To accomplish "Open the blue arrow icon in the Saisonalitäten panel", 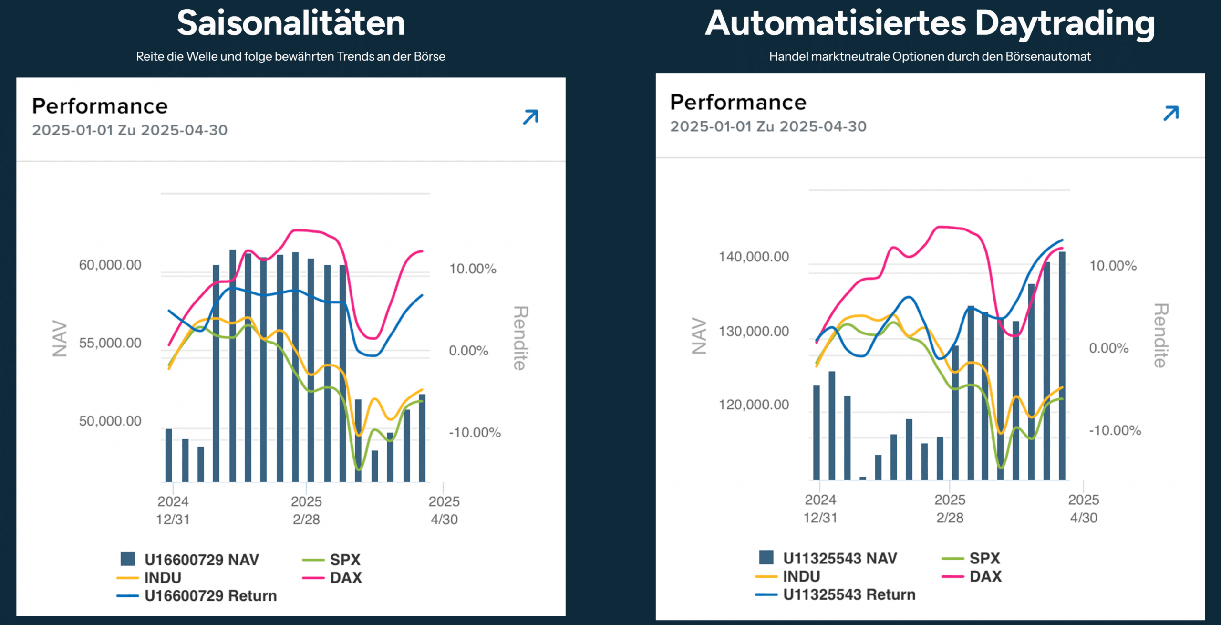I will coord(530,117).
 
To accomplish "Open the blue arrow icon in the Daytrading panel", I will coord(1171,113).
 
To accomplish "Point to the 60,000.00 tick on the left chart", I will coord(110,265).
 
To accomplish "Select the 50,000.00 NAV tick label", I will coord(110,421).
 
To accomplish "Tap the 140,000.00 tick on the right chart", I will coord(754,257).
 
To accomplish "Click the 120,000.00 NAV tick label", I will coord(754,405).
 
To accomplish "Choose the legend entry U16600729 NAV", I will coord(201,559).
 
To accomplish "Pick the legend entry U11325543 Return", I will coord(849,594).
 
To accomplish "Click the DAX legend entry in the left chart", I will coord(346,578).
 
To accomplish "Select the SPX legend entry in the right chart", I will coord(984,558).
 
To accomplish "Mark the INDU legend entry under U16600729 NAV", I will coord(163,578).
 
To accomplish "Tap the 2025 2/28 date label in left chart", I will coord(306,510).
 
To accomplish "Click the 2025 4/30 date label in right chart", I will coord(1083,509).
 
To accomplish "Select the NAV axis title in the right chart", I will coord(699,336).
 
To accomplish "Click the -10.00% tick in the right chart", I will coord(1115,430).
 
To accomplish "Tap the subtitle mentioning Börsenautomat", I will coord(930,56).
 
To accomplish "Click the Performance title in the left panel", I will coord(100,106).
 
